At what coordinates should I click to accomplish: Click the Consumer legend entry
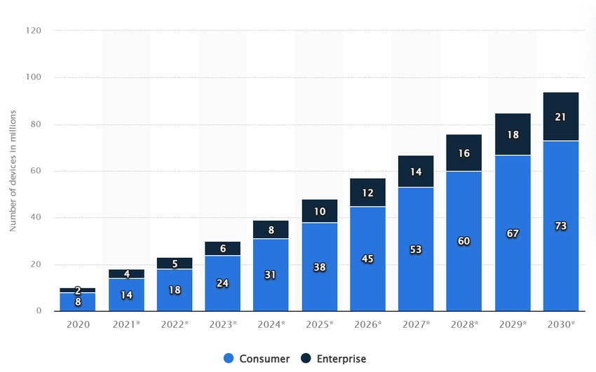point(257,359)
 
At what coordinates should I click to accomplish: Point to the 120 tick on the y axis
point(34,31)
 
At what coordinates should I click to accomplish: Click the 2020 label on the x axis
point(77,326)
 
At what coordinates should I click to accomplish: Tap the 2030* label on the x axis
point(561,326)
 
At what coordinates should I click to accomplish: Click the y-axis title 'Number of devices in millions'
point(13,171)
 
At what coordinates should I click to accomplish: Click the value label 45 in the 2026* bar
point(367,259)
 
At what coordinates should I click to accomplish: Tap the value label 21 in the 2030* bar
point(561,116)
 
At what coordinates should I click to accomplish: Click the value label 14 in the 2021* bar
point(126,295)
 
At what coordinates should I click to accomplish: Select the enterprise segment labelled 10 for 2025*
point(319,211)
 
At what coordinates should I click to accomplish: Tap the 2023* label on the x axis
point(222,326)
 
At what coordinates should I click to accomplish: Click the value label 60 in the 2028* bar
point(464,241)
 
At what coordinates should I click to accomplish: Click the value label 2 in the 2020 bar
point(77,290)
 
